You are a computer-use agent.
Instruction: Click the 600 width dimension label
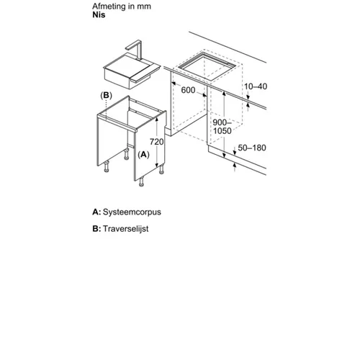click(188, 90)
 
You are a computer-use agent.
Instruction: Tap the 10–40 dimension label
click(256, 86)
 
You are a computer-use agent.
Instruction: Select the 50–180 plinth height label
click(252, 148)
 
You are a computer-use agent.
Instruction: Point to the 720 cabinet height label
click(157, 142)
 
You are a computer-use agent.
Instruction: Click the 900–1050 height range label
click(222, 127)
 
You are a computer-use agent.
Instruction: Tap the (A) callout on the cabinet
click(143, 155)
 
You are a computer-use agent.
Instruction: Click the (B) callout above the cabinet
click(106, 96)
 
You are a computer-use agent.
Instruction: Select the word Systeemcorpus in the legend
click(132, 212)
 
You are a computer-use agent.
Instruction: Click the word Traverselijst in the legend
click(126, 229)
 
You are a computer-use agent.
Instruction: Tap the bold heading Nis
click(99, 14)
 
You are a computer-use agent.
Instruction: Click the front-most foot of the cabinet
click(142, 181)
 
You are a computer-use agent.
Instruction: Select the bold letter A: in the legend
click(96, 212)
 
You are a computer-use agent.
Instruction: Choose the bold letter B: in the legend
click(96, 229)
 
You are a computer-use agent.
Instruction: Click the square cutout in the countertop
click(206, 67)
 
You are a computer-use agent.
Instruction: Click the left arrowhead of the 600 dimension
click(174, 84)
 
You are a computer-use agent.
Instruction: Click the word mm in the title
click(144, 6)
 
